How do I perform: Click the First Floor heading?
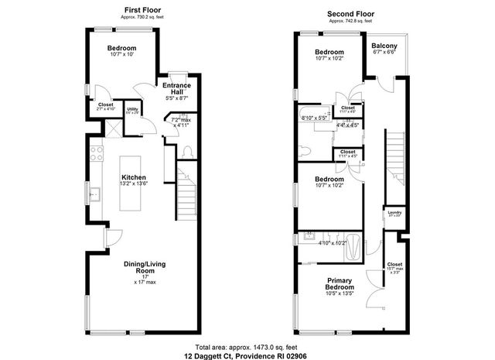point(142,10)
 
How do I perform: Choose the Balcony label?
point(384,46)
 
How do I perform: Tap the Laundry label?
point(394,211)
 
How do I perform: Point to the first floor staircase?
point(187,194)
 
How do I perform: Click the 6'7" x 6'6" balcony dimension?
point(384,53)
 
